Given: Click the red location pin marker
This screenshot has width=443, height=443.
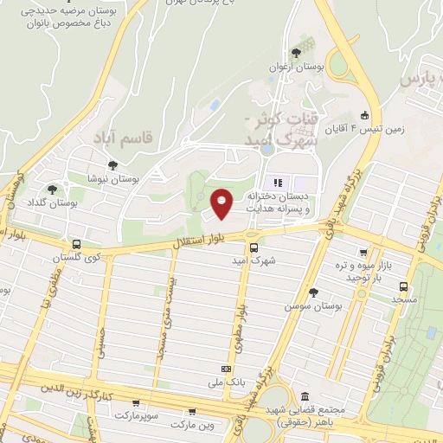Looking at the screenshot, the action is point(222,204).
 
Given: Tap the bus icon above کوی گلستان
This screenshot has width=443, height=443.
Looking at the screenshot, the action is point(76,244).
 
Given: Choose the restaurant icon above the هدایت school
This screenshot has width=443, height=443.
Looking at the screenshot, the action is point(279,183).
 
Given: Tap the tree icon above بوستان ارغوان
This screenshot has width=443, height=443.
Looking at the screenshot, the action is point(297,52).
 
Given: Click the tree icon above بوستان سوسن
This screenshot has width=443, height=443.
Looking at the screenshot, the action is point(312,292).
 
